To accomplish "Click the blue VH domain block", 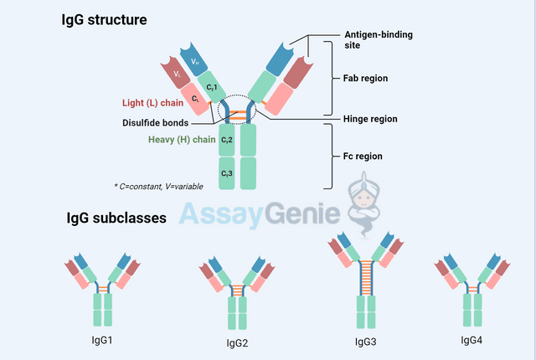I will pyautogui.click(x=193, y=60).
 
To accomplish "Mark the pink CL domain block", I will pyautogui.click(x=194, y=99).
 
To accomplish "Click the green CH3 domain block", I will pyautogui.click(x=227, y=172).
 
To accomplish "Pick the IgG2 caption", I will pyautogui.click(x=237, y=342).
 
